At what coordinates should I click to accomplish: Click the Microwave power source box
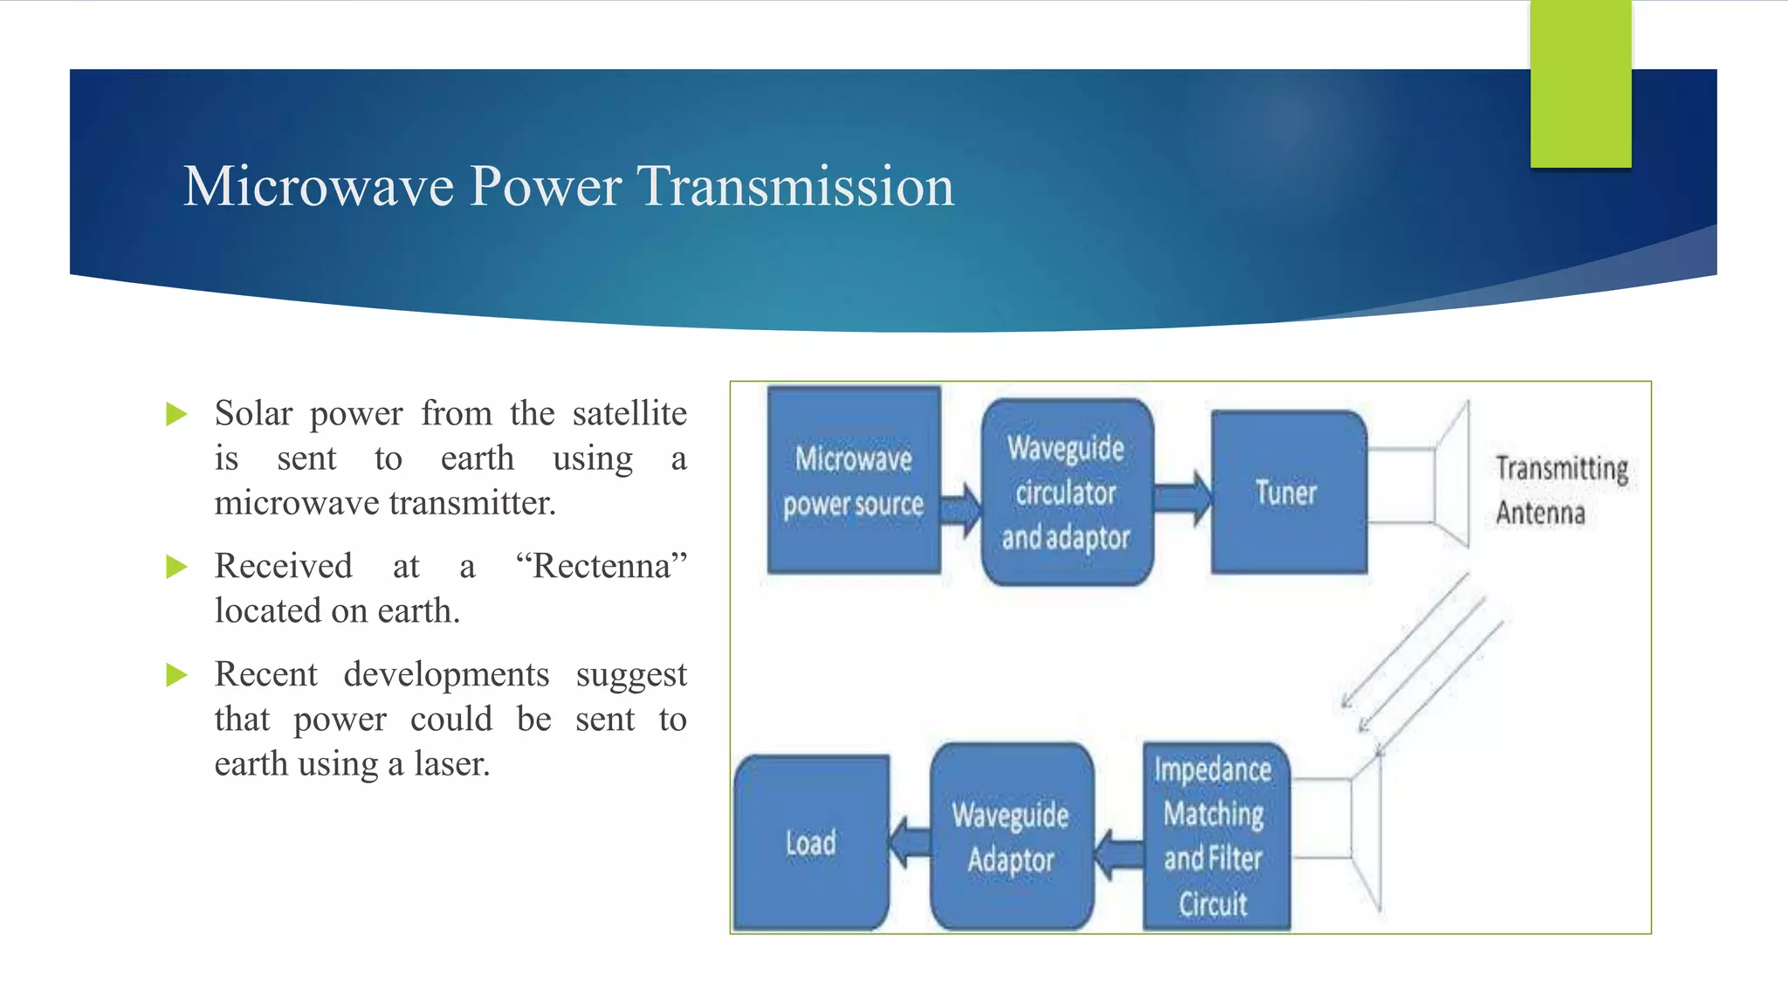pyautogui.click(x=853, y=480)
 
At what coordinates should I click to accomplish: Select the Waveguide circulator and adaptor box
pyautogui.click(x=1066, y=492)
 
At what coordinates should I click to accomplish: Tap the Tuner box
pyautogui.click(x=1287, y=492)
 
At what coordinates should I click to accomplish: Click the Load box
pyautogui.click(x=811, y=843)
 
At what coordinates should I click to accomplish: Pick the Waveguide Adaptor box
pyautogui.click(x=1011, y=837)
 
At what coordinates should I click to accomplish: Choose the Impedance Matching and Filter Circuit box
pyautogui.click(x=1214, y=836)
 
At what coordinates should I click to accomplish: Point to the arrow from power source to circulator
pyautogui.click(x=961, y=509)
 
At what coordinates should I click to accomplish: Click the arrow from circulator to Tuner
pyautogui.click(x=1183, y=498)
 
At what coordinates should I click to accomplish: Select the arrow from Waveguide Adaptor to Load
pyautogui.click(x=910, y=843)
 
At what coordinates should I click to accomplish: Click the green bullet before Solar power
pyautogui.click(x=176, y=414)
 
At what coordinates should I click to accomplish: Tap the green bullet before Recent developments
pyautogui.click(x=176, y=675)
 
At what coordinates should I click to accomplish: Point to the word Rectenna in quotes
pyautogui.click(x=601, y=566)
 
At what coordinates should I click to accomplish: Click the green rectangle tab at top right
pyautogui.click(x=1580, y=83)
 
